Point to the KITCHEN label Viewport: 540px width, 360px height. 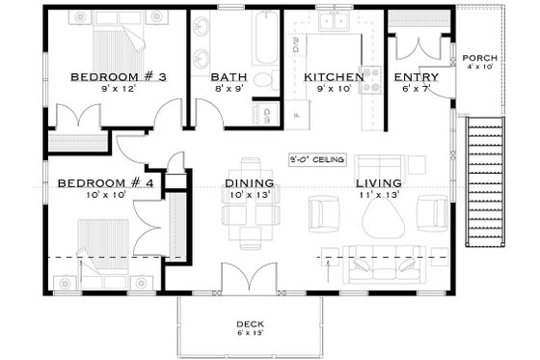[x=333, y=76]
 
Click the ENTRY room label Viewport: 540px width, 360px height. [x=417, y=77]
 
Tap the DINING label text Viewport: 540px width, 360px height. [x=249, y=182]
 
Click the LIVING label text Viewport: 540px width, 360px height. [x=378, y=182]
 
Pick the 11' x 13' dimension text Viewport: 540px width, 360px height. [x=379, y=195]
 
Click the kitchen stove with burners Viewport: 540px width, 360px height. [x=368, y=87]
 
